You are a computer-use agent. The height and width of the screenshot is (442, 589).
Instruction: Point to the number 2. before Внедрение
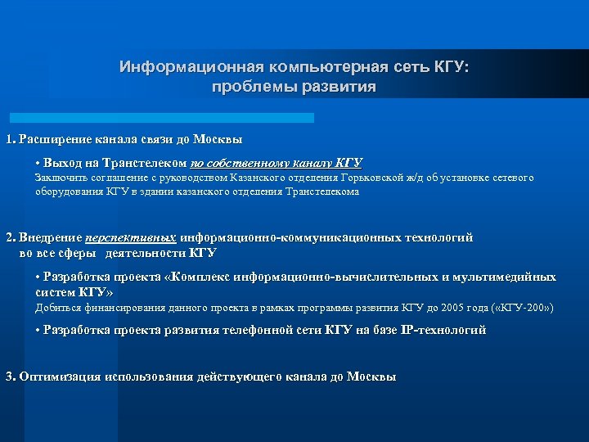coord(10,237)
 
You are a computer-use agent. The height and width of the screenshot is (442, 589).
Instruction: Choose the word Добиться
coord(59,308)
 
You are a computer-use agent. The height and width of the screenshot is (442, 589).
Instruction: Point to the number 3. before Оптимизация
coord(10,377)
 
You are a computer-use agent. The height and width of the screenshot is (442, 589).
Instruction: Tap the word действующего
coord(241,377)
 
